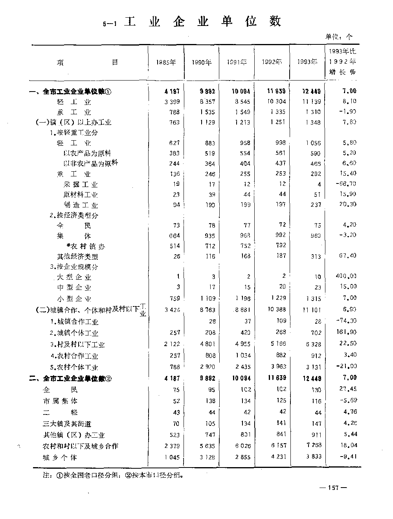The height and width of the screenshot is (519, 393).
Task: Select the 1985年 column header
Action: point(166,62)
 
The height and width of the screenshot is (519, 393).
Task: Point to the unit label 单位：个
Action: point(339,37)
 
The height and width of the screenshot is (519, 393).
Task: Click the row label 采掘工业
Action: point(80,184)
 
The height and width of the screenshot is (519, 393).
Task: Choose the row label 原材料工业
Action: point(80,194)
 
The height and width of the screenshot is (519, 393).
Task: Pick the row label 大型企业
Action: point(74,277)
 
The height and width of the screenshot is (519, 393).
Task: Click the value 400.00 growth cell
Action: point(346,276)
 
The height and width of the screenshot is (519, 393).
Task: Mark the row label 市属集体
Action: point(60,401)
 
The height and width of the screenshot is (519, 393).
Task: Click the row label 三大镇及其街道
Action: point(67,424)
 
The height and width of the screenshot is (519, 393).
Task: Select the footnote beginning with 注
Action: point(114,475)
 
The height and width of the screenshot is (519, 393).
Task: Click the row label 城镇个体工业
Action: point(74,333)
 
